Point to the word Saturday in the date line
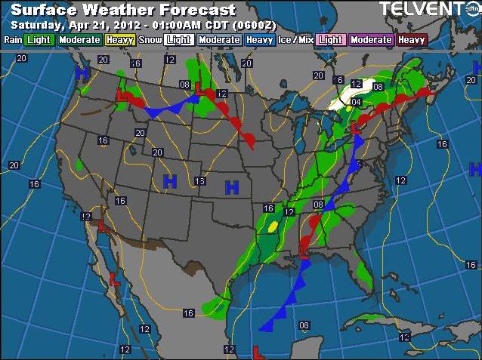[x=36, y=25]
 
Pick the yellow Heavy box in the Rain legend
[x=120, y=39]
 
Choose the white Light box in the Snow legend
[x=178, y=39]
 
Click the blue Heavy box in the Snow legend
[x=259, y=39]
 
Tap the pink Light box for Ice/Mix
[x=331, y=39]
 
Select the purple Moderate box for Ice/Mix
[x=371, y=39]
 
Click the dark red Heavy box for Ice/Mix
[x=412, y=39]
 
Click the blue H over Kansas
[x=232, y=186]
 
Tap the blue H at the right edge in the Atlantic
[x=475, y=168]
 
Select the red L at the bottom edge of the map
[x=257, y=351]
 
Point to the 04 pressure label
[x=357, y=102]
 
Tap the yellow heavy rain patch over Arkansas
[x=273, y=225]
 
